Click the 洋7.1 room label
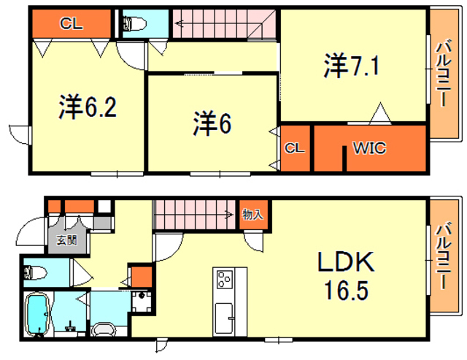tap(352, 66)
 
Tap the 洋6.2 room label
tap(88, 107)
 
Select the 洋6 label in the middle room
tap(212, 123)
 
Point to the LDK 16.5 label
tap(346, 275)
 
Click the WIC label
tap(369, 148)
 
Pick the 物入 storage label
tap(253, 214)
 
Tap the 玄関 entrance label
tap(67, 240)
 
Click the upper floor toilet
tap(134, 24)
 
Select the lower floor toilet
tap(35, 272)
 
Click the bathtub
tap(37, 314)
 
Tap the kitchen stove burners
tap(224, 280)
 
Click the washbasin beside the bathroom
tap(103, 329)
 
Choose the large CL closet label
tap(72, 23)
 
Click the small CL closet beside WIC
tap(295, 148)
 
